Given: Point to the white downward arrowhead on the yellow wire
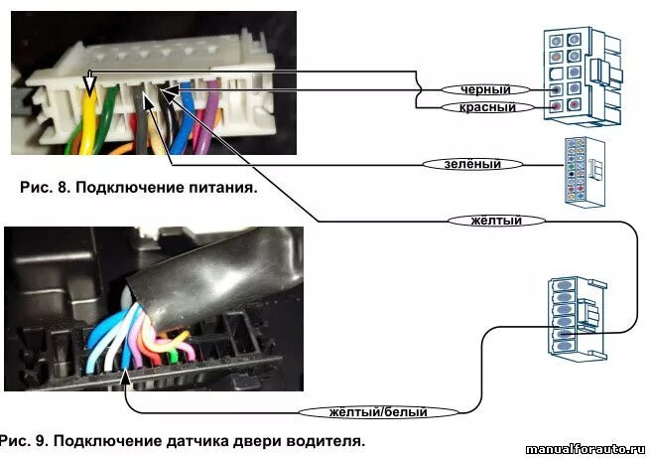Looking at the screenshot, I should [89, 88].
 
